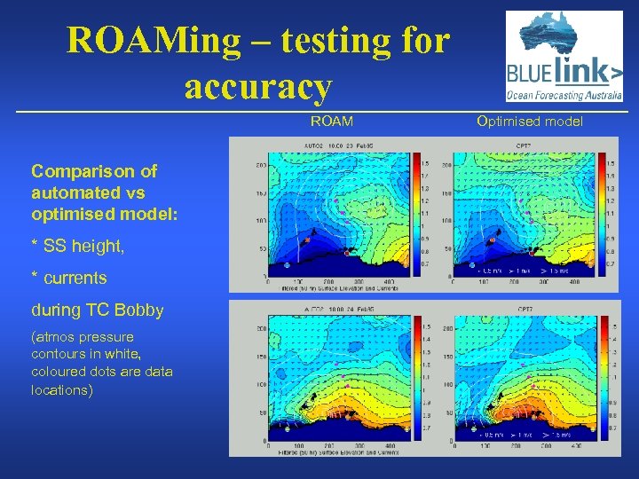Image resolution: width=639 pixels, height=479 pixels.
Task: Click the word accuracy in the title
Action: coord(258,87)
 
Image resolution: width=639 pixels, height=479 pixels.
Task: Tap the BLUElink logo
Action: coord(564,57)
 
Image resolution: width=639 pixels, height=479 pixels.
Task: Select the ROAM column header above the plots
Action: coord(331,121)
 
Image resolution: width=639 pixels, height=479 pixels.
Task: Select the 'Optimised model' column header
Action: coord(530,121)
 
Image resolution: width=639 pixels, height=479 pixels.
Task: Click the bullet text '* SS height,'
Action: coord(77,247)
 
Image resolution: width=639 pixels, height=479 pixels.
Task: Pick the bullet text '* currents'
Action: coord(68,278)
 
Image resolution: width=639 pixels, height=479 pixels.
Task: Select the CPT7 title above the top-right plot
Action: coord(524,147)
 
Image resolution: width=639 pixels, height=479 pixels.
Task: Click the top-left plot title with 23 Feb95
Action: coord(337,147)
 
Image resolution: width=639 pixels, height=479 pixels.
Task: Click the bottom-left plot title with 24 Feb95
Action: coord(337,310)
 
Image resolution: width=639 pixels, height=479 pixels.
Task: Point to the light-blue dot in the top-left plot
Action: coord(287,264)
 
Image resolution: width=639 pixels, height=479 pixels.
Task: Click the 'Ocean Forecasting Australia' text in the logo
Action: coord(564,97)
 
